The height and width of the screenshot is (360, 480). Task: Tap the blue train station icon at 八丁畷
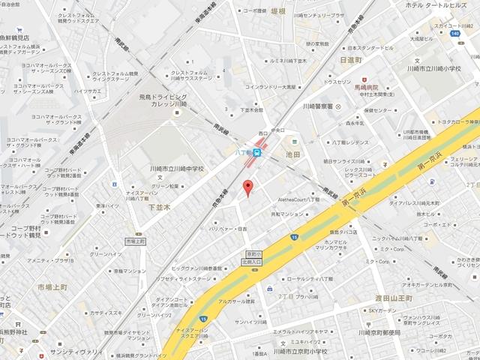(x=257, y=152)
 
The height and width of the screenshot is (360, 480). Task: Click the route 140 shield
(x=455, y=34)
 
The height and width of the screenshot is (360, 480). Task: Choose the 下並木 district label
(x=160, y=206)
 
